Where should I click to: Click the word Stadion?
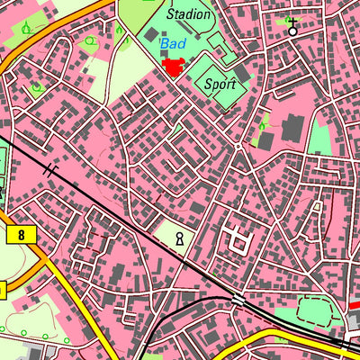point(189,14)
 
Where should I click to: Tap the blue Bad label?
point(173,42)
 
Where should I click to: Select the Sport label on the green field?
point(220,84)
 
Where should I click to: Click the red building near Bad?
point(174,67)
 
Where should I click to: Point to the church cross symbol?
point(292,26)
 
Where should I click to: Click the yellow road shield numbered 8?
point(19,236)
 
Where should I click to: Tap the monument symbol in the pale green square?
point(180,238)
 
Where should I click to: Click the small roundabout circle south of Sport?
point(238,146)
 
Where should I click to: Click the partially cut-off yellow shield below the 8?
point(3,290)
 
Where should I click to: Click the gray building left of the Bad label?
point(148,36)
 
